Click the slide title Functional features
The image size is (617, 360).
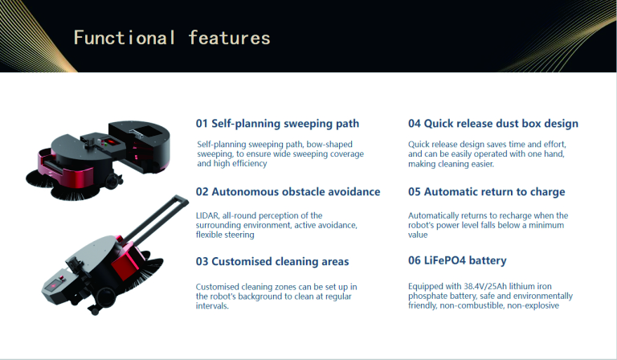pos(172,38)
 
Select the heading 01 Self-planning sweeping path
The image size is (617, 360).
pos(277,124)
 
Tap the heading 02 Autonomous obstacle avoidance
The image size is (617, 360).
pos(288,191)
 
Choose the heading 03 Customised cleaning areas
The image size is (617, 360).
pos(272,262)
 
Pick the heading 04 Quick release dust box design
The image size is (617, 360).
pos(493,124)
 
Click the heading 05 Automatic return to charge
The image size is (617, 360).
pos(486,191)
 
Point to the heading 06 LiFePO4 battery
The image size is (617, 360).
pos(457,260)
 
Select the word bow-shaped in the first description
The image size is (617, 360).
pos(329,145)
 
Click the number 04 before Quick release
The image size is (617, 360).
pos(415,124)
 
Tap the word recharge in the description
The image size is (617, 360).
pos(515,215)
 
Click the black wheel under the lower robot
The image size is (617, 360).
pos(105,295)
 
